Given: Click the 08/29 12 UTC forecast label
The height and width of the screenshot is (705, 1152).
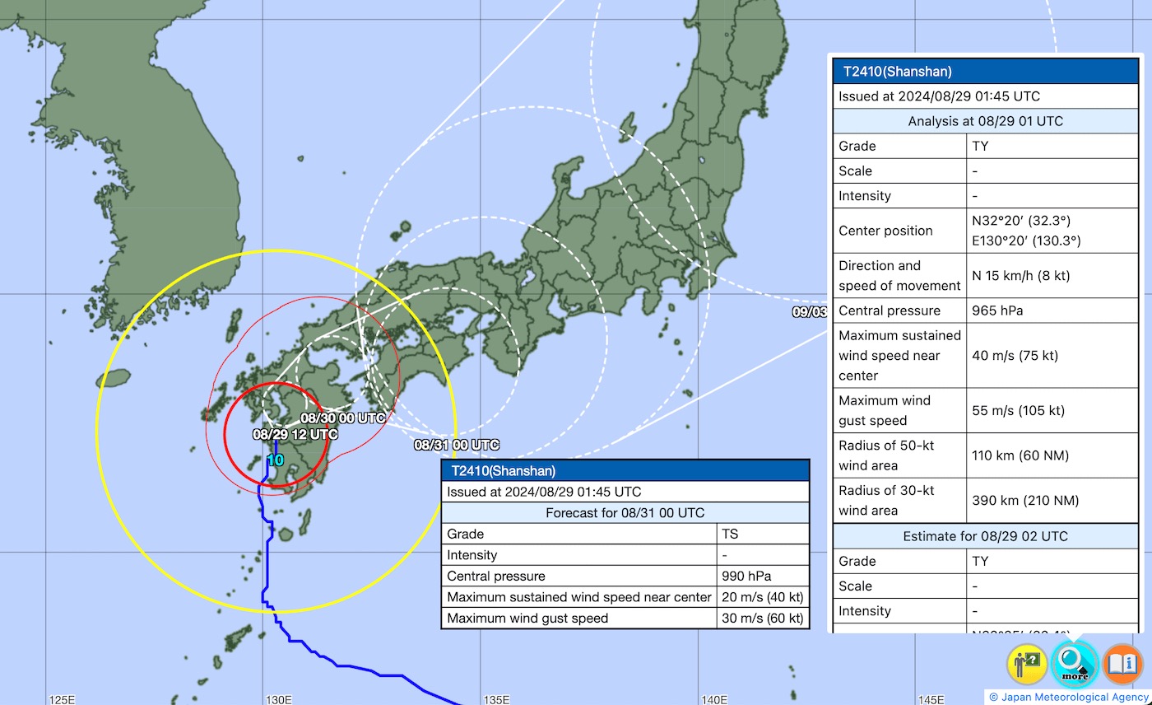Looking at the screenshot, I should point(295,433).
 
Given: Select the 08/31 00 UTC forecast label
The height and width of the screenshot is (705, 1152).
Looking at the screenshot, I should point(456,445).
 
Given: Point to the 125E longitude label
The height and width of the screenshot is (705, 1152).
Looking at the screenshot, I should point(63,699).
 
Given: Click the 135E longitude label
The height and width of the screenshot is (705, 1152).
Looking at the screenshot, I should point(496,699).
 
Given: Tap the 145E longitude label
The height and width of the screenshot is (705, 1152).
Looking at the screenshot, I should point(931,699).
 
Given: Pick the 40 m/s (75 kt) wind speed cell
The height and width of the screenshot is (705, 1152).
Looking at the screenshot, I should point(1015,356).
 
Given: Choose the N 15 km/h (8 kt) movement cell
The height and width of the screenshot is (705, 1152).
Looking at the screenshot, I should point(1020,276).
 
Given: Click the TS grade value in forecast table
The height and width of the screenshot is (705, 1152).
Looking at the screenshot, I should point(731,534).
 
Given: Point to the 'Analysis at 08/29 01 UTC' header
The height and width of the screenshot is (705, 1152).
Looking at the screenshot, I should point(985,121).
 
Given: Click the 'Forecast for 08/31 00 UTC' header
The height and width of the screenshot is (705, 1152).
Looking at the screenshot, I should point(625,512).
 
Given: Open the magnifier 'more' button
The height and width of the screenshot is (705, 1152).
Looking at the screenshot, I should point(1075,663).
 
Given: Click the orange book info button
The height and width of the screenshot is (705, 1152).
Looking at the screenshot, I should point(1122,664).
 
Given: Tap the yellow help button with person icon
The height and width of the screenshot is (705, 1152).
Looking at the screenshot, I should point(1027,664).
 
